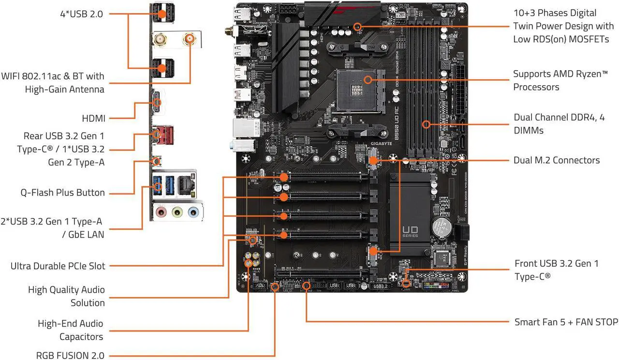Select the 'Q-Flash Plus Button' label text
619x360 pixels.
tap(62, 193)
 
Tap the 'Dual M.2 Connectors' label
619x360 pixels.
tap(556, 160)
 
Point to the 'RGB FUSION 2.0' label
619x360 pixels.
tap(70, 355)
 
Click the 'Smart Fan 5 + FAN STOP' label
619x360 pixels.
tap(566, 322)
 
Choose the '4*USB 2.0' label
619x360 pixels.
tap(81, 14)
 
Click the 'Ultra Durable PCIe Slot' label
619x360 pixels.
tap(58, 266)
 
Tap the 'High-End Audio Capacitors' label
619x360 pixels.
tap(71, 330)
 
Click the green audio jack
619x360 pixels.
tap(178, 211)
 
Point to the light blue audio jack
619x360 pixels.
tap(193, 211)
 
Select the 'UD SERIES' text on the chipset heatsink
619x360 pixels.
tap(411, 231)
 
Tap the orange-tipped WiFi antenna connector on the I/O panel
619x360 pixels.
tap(189, 39)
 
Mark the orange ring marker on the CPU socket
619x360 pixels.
tap(368, 78)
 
